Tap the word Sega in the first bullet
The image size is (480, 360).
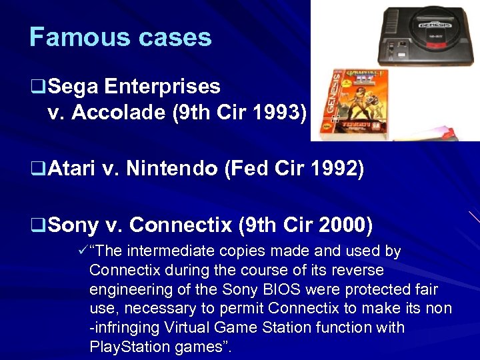pyautogui.click(x=73, y=87)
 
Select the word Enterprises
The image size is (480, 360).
pyautogui.click(x=162, y=87)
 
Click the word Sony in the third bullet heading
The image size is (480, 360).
pyautogui.click(x=73, y=225)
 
